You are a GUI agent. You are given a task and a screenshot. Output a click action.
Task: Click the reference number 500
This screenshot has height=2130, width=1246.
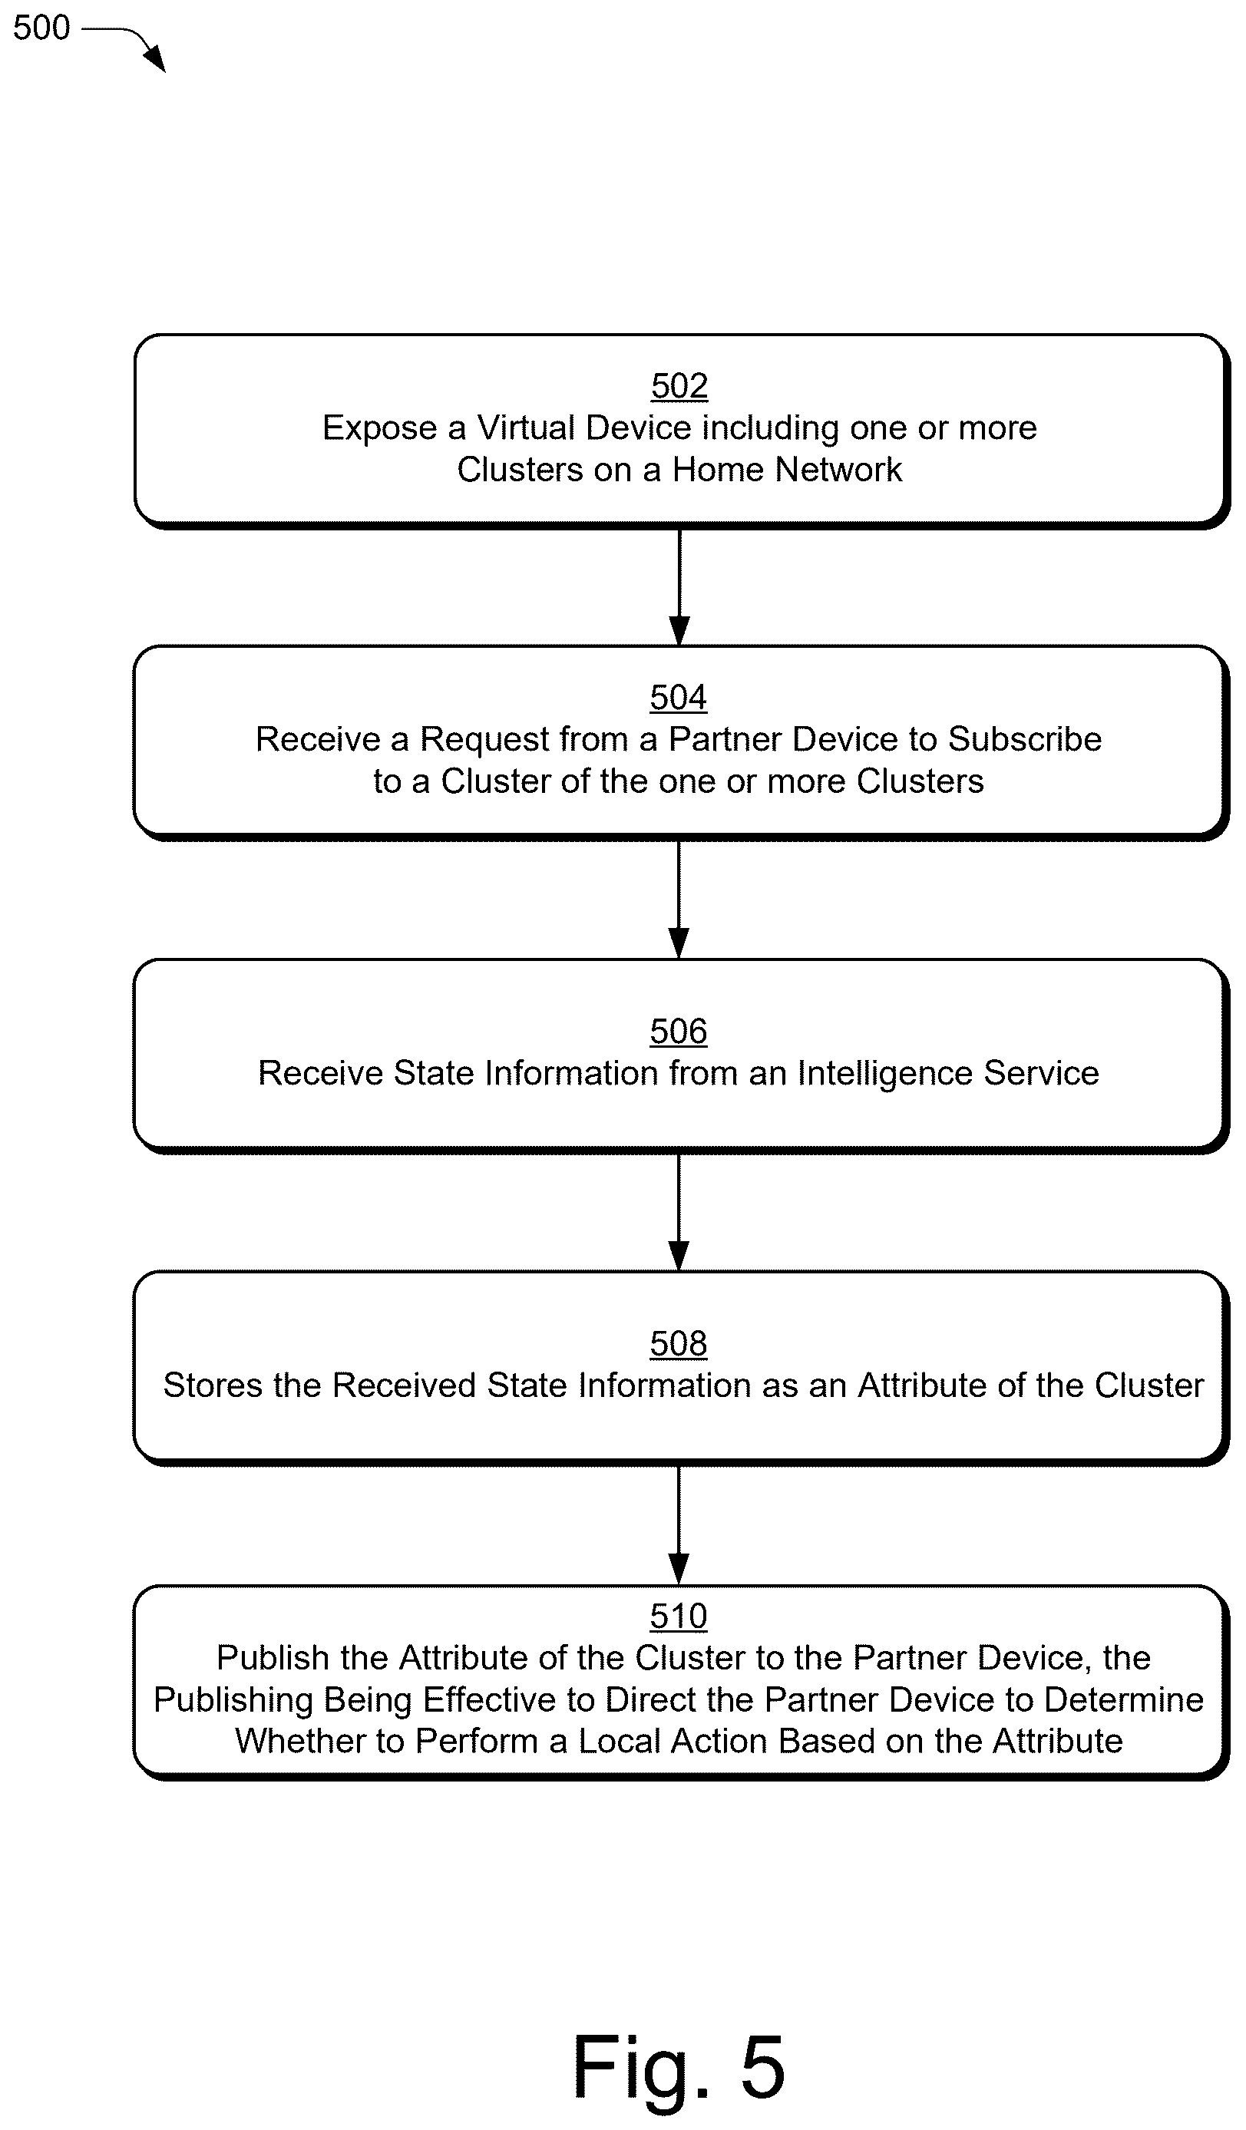pyautogui.click(x=41, y=28)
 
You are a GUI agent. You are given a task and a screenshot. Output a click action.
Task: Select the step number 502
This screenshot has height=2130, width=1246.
pyautogui.click(x=679, y=386)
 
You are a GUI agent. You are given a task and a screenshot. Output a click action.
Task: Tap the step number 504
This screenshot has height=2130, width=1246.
pyautogui.click(x=678, y=697)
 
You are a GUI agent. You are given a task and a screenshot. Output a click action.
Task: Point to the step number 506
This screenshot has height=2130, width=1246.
pyautogui.click(x=678, y=1031)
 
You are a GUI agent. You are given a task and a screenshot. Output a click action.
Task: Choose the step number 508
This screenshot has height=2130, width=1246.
pyautogui.click(x=678, y=1344)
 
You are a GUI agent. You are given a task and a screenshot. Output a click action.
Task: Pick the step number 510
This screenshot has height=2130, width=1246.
pyautogui.click(x=678, y=1616)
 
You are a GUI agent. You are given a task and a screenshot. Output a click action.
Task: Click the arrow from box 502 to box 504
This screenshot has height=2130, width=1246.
pyautogui.click(x=679, y=587)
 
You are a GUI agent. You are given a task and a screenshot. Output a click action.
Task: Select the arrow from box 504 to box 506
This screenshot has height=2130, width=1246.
pyautogui.click(x=679, y=900)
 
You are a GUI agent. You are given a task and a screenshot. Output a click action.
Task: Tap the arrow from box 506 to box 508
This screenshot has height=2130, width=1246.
pyautogui.click(x=679, y=1213)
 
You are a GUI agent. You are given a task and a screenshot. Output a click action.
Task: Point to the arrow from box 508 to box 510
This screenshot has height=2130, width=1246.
pyautogui.click(x=679, y=1526)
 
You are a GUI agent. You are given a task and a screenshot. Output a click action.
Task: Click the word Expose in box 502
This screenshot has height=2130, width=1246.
pyautogui.click(x=379, y=428)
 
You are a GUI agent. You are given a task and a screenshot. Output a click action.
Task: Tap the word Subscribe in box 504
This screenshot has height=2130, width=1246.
pyautogui.click(x=1025, y=740)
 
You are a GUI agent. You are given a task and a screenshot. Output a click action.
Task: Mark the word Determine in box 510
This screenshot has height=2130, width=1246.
pyautogui.click(x=1123, y=1699)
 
